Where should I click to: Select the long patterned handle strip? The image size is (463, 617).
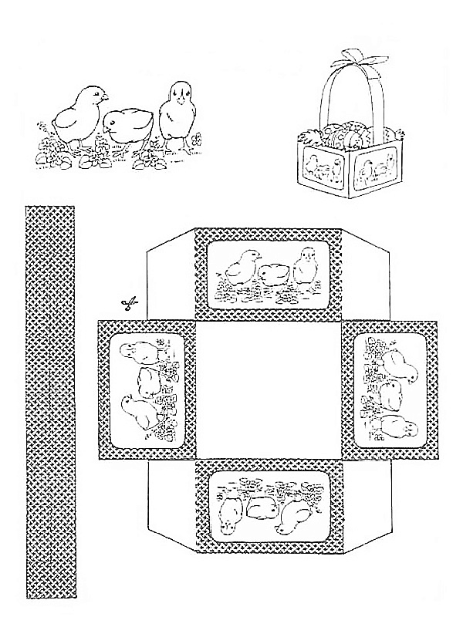coord(50,401)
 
